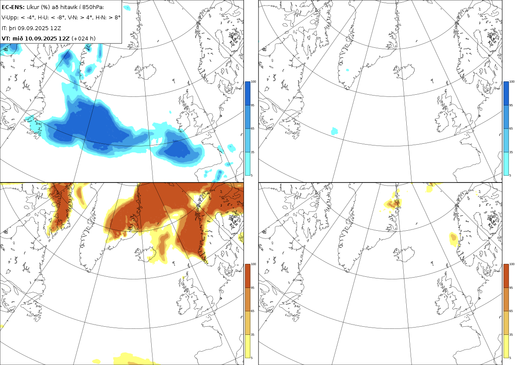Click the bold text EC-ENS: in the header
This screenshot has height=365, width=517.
click(x=13, y=7)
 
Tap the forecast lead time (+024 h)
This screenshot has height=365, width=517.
click(x=83, y=38)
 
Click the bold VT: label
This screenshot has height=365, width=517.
click(x=6, y=38)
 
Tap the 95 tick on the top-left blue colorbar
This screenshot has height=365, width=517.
click(x=252, y=105)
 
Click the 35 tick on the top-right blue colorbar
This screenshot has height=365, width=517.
click(x=511, y=152)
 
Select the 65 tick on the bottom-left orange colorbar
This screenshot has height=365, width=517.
click(x=252, y=311)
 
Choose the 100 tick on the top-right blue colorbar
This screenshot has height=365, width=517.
click(x=512, y=81)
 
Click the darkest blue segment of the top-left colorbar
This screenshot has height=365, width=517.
click(x=247, y=93)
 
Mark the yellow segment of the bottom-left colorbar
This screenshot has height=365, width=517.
click(x=247, y=346)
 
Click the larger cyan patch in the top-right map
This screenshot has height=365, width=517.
click(x=334, y=131)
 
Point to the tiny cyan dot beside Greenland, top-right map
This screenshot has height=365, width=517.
click(x=348, y=70)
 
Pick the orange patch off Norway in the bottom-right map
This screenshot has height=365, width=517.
click(x=454, y=239)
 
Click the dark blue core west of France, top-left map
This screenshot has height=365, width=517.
click(x=177, y=149)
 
